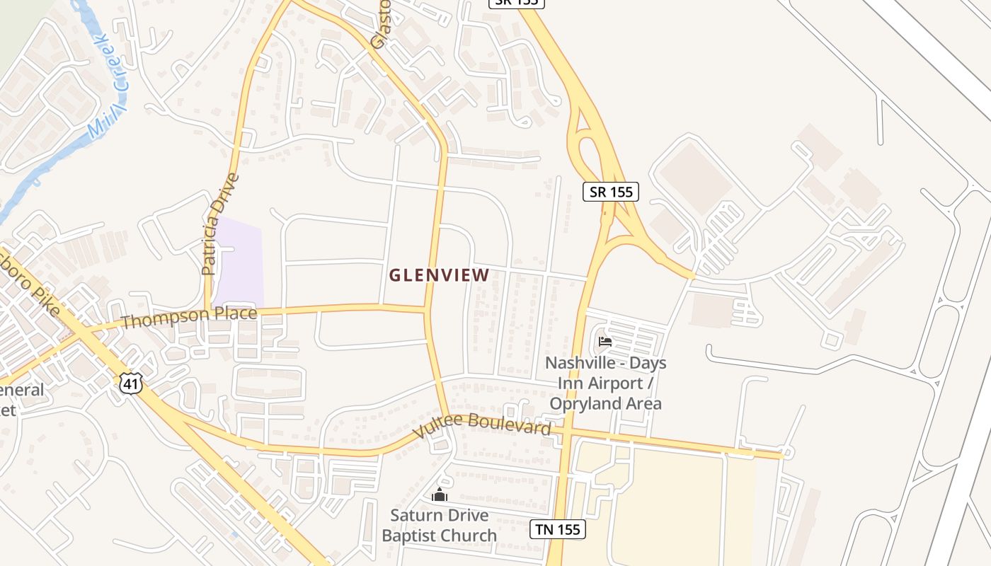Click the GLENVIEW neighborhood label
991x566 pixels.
(439, 275)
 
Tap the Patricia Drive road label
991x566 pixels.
(220, 224)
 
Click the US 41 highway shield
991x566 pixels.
(132, 383)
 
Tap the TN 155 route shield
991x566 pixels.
(558, 529)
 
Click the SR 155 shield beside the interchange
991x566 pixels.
(611, 191)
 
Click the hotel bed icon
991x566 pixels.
(605, 342)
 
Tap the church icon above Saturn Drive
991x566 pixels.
(440, 495)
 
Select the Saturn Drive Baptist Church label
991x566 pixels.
(439, 526)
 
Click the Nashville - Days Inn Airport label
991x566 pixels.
(605, 373)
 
